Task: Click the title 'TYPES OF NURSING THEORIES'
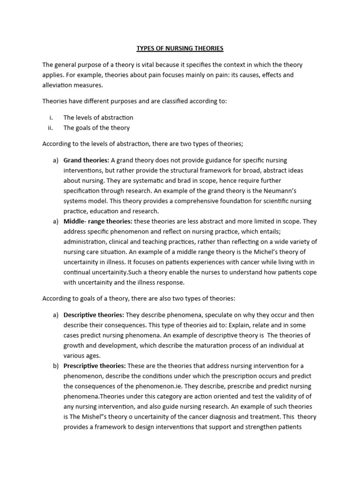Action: [x=180, y=48]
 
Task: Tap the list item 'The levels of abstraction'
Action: [x=98, y=117]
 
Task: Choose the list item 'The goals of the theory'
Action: [x=97, y=127]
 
